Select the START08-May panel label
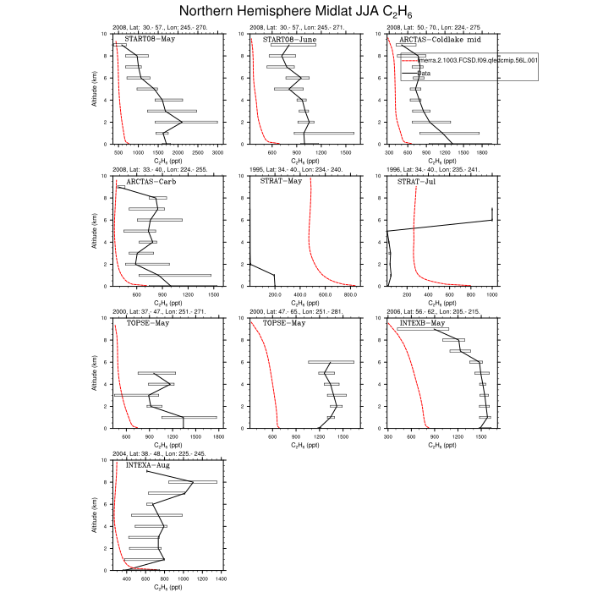coord(146,40)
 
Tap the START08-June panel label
coord(285,40)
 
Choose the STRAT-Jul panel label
coord(416,182)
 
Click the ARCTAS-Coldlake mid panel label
coord(436,40)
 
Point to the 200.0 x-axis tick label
coord(274,294)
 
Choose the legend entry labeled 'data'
coord(425,73)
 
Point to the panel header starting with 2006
coord(432,312)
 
